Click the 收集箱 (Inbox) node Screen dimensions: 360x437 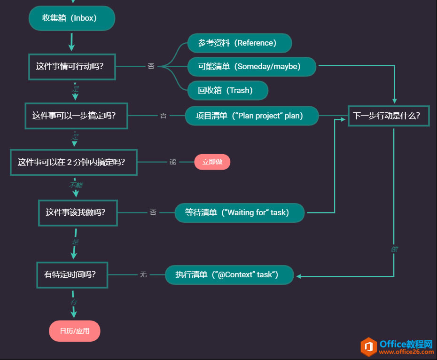(x=71, y=18)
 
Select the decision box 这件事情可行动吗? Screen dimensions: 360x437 (x=71, y=66)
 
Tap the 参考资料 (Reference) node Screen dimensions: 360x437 (x=239, y=43)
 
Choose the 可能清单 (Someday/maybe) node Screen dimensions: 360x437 (x=251, y=67)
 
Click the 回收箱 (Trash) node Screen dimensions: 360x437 (x=227, y=91)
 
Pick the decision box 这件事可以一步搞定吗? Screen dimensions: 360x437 (x=76, y=116)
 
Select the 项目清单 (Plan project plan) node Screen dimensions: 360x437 (x=251, y=116)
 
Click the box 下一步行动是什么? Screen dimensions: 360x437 (x=388, y=116)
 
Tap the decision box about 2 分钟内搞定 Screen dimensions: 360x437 (x=73, y=162)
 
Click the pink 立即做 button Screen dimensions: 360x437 (x=212, y=162)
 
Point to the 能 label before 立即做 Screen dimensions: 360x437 (x=173, y=162)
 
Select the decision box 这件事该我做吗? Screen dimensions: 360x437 (x=78, y=212)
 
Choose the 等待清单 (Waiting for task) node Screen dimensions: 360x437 (x=239, y=212)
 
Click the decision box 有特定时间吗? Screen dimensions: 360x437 (x=72, y=275)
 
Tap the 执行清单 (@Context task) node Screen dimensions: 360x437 (x=229, y=275)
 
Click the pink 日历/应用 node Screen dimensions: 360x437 (x=75, y=331)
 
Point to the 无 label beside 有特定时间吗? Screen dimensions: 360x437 (x=143, y=274)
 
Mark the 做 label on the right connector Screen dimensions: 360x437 (x=394, y=249)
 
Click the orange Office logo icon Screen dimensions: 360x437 (x=368, y=347)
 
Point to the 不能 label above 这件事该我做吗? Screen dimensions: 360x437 (x=76, y=185)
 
